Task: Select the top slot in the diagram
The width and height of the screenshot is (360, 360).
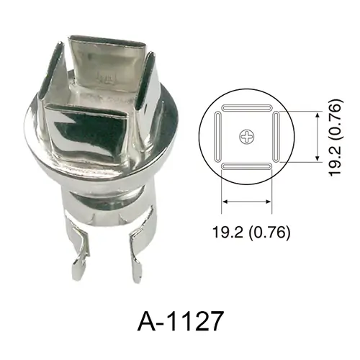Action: (x=246, y=108)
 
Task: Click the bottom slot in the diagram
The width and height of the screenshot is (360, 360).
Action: (x=246, y=166)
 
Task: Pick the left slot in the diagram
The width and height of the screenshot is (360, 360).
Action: (x=217, y=137)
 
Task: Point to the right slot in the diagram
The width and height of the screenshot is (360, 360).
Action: (x=276, y=137)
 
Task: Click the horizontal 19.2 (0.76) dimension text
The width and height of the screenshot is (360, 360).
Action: (x=251, y=233)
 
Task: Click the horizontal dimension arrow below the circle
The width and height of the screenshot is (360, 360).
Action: (x=246, y=202)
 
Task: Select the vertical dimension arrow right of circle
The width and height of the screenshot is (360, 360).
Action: (x=318, y=137)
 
